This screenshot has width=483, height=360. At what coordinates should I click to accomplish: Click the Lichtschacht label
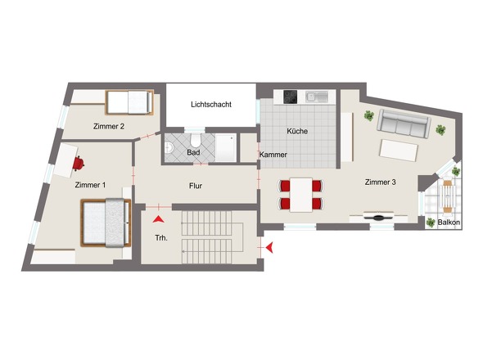coord(211,105)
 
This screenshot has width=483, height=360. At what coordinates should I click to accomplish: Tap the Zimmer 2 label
coord(109,126)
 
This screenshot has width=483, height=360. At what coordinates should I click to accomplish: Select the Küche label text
coord(297,131)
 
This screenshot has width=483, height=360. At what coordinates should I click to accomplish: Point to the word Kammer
coord(273,155)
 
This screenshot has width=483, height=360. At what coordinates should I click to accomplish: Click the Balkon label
coord(449,223)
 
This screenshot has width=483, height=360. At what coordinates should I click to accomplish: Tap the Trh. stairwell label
coord(161,238)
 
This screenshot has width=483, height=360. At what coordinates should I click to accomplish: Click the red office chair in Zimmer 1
coord(79,164)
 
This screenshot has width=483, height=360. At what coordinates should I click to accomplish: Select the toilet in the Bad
coord(196,141)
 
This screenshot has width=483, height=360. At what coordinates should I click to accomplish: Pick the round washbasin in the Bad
coord(169,148)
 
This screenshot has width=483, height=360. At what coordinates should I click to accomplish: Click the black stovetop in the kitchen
coord(290,97)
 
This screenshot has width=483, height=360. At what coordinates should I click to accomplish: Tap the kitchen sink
coord(316,97)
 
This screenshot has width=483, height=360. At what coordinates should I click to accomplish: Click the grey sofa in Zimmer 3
coord(404,124)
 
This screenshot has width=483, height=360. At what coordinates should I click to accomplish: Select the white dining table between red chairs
coord(301,195)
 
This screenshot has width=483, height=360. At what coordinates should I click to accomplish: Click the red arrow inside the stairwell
coord(158,219)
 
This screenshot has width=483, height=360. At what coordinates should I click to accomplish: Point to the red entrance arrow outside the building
coord(269,247)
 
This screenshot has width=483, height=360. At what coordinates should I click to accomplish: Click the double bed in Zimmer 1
coord(106,223)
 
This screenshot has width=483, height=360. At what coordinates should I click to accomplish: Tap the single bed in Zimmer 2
coord(129,102)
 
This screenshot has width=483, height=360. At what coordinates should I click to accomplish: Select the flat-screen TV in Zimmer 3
coord(378,217)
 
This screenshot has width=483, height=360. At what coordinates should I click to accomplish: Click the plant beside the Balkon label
coord(431,223)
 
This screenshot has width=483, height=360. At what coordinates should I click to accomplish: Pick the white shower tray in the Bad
coord(226,147)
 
